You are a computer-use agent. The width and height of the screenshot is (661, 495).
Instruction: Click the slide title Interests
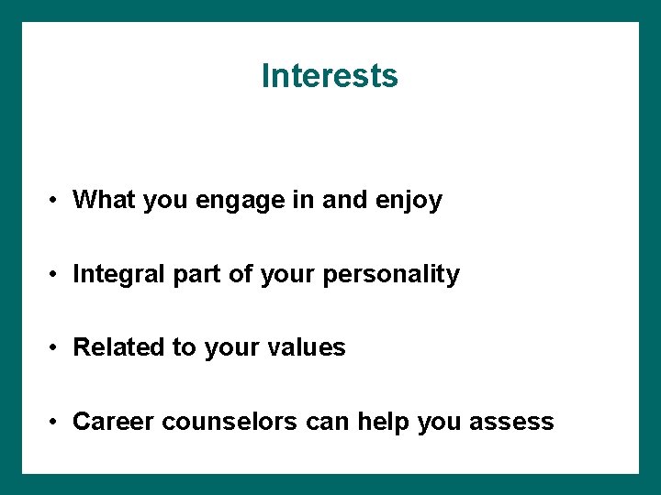point(330,75)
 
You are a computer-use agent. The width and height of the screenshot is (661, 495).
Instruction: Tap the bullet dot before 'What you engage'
point(56,200)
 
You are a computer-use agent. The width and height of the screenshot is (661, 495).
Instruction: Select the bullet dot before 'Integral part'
point(56,274)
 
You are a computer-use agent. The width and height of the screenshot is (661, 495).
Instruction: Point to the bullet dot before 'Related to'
point(56,348)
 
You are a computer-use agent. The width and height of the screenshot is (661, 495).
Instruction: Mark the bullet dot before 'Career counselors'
point(56,422)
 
